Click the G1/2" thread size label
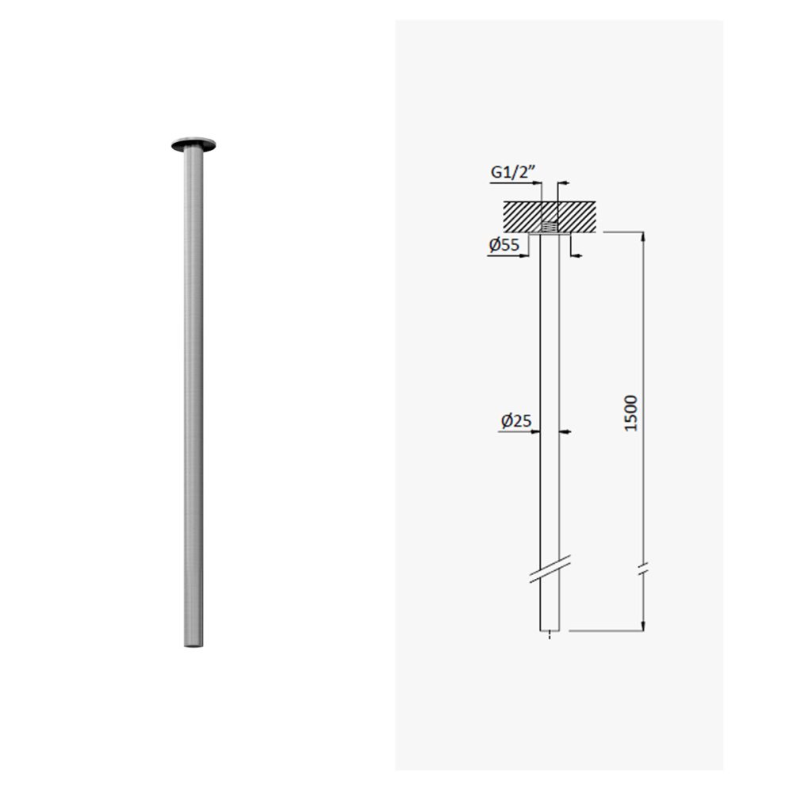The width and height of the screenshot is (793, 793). click(x=513, y=172)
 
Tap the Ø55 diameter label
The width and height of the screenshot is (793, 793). click(x=504, y=245)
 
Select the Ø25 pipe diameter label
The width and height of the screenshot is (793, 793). click(x=516, y=421)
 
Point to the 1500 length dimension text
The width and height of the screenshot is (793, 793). click(x=631, y=413)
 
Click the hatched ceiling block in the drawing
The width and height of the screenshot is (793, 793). click(x=550, y=217)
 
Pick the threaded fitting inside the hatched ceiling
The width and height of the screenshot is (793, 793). click(x=550, y=228)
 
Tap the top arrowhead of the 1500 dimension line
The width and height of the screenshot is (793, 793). click(x=643, y=238)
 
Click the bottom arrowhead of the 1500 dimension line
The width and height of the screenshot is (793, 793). click(x=643, y=626)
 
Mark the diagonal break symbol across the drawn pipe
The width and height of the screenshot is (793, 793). click(x=550, y=569)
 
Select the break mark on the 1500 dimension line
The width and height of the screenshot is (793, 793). click(x=643, y=569)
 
